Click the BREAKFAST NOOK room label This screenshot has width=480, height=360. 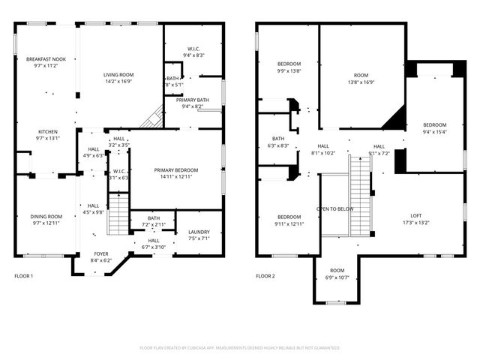click(46, 58)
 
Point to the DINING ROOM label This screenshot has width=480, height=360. click(46, 216)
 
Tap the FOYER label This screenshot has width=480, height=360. click(100, 253)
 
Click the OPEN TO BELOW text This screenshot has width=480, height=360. click(334, 209)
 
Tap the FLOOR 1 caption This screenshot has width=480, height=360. click(24, 276)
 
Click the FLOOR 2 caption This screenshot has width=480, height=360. click(265, 276)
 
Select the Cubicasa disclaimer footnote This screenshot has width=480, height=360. click(240, 348)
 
